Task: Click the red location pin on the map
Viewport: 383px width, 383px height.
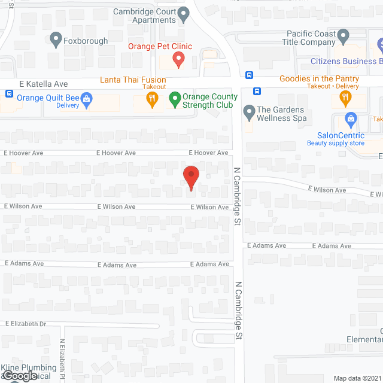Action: click(190, 177)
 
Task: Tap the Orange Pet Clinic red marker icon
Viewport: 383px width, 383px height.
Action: click(178, 59)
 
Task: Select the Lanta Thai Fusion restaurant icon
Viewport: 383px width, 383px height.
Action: click(153, 100)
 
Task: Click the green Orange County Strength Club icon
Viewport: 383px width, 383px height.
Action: click(175, 98)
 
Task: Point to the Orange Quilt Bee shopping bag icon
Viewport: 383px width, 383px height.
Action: click(86, 99)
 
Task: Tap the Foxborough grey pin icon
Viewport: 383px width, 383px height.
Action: click(56, 40)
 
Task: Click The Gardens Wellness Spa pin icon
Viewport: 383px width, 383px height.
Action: click(248, 111)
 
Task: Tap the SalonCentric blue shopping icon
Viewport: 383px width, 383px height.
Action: click(350, 119)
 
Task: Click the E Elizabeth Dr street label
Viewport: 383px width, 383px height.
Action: click(26, 324)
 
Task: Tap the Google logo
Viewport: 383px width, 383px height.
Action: click(19, 375)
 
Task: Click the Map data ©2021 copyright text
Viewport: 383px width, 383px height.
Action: click(357, 378)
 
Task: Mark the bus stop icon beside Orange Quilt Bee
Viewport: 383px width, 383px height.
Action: click(9, 94)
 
